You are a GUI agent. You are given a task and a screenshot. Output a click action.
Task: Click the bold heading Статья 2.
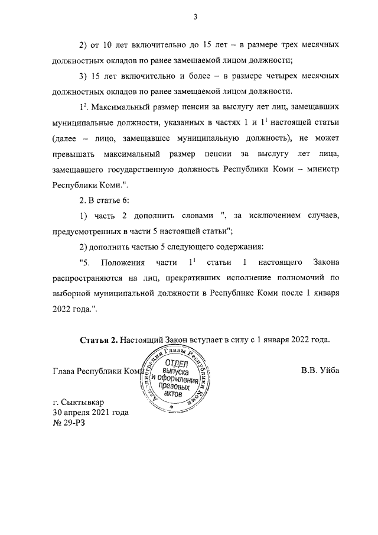(97, 340)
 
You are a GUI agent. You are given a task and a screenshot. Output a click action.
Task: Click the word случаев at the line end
(319, 215)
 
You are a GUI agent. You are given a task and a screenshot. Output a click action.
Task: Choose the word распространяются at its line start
(94, 278)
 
